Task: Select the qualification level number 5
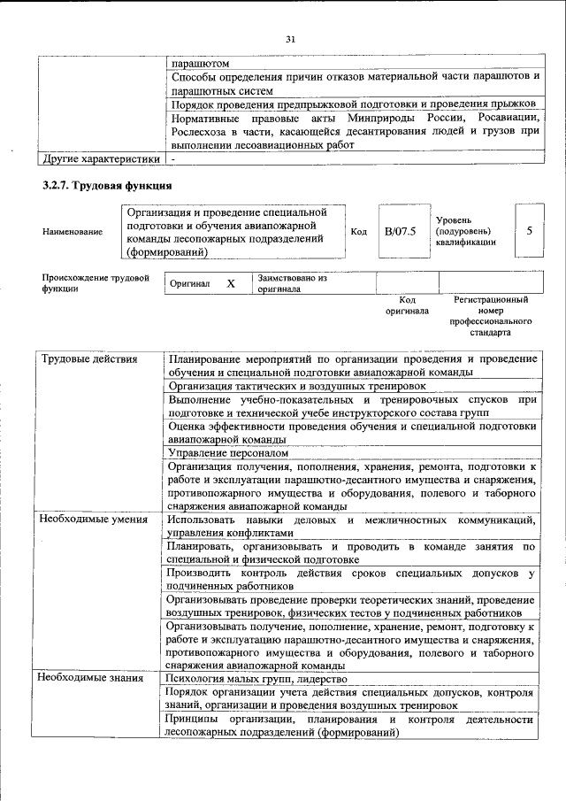tap(529, 231)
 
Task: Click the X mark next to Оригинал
tap(231, 284)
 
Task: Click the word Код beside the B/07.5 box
tap(359, 232)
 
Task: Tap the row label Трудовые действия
tap(89, 358)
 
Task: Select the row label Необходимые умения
tap(94, 519)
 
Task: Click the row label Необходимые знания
tap(92, 678)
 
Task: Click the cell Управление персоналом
tap(228, 451)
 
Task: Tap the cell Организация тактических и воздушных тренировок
tap(297, 386)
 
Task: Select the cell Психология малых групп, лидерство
tap(256, 678)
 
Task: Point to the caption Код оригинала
tap(407, 305)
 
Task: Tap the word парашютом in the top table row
tap(201, 64)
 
